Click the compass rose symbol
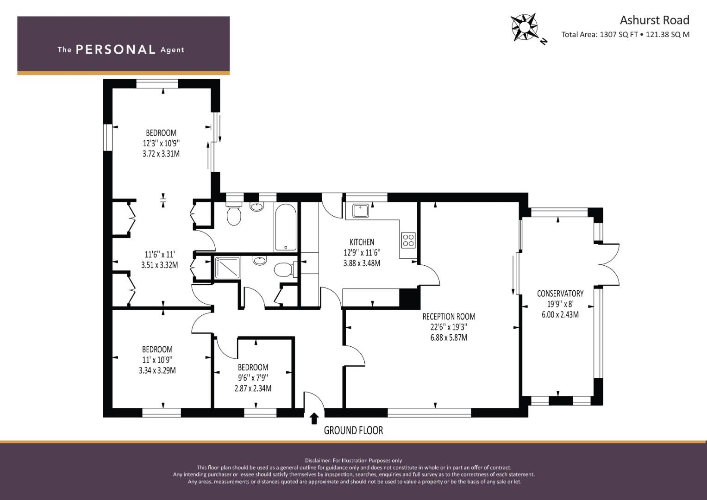point(525,27)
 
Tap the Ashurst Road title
point(654,20)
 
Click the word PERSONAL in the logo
point(116,50)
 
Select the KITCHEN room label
point(362,242)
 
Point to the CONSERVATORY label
point(560,294)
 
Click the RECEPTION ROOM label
point(449,316)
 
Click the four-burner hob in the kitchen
point(408,240)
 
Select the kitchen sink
point(361,211)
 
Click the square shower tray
point(227,268)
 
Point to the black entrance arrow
point(314,419)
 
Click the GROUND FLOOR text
point(354,431)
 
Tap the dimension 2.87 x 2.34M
point(253,388)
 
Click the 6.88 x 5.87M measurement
point(449,337)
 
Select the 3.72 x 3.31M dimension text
point(161,154)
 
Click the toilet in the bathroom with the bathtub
point(234,214)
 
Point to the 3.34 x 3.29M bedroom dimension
point(157,370)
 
